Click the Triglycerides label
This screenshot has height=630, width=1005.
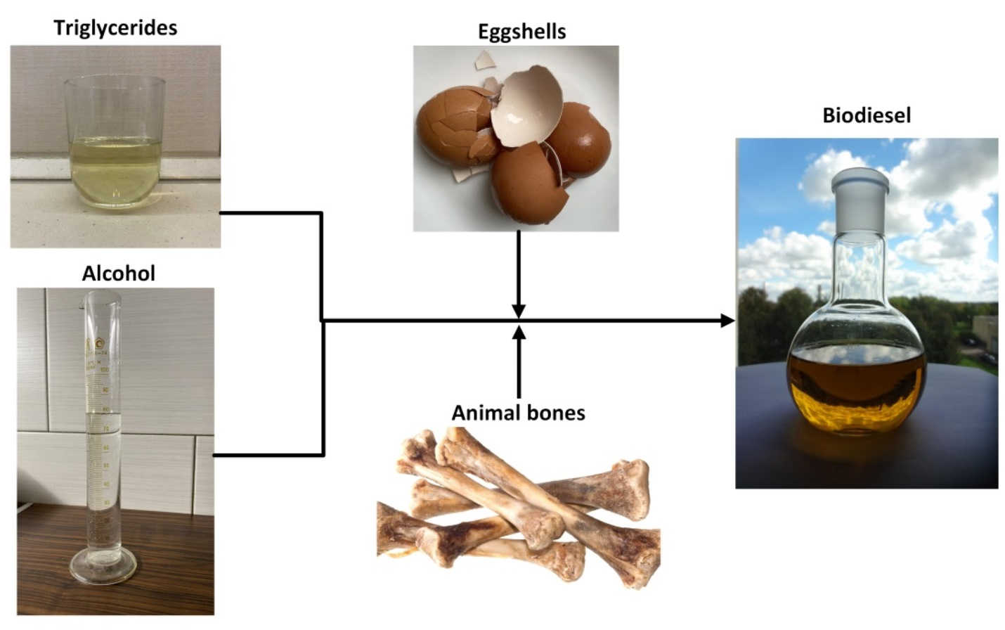115,28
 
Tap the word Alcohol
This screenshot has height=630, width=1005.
118,273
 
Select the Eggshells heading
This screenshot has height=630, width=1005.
521,32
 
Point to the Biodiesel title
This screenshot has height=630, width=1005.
867,115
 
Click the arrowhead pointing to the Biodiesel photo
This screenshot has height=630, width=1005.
728,321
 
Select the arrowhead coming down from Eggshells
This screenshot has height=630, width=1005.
519,311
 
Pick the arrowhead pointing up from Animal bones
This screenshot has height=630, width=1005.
519,333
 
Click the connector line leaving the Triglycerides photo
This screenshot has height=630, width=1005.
271,212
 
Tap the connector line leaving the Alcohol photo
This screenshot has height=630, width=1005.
267,455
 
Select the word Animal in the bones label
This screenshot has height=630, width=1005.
485,413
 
